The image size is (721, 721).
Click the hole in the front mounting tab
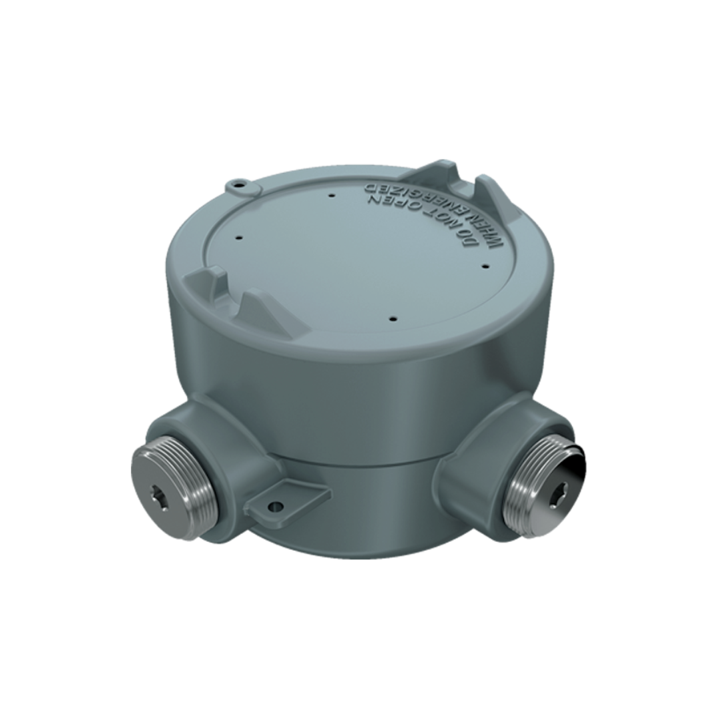tap(274, 507)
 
